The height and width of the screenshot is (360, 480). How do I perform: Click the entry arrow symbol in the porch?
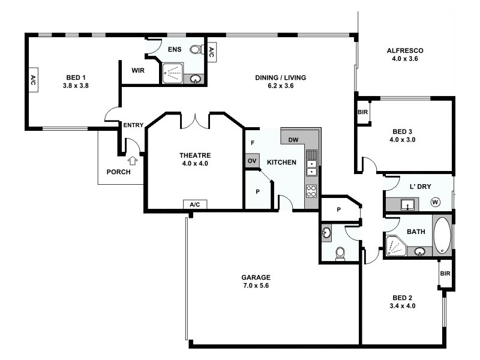tap(133, 160)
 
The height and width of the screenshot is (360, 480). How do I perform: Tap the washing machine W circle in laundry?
tap(435, 203)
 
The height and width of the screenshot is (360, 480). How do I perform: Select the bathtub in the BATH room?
tap(442, 235)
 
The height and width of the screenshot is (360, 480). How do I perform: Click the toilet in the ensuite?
tap(196, 50)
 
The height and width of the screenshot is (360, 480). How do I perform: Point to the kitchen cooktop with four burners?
tap(312, 191)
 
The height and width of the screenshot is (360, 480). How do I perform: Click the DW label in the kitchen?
tap(293, 140)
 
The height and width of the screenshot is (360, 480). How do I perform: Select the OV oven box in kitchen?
tap(251, 161)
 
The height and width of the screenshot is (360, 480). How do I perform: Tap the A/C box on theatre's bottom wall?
tap(194, 205)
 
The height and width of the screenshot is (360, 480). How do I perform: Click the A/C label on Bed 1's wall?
tap(32, 82)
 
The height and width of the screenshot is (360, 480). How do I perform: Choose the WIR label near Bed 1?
tap(138, 70)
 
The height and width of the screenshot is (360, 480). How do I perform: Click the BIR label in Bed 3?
tap(362, 112)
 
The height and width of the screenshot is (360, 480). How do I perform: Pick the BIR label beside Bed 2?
tap(445, 274)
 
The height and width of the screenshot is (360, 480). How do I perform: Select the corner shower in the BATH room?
tap(395, 246)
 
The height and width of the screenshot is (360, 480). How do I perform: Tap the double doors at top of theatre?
tap(195, 120)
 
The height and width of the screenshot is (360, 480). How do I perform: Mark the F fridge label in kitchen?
tap(253, 143)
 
